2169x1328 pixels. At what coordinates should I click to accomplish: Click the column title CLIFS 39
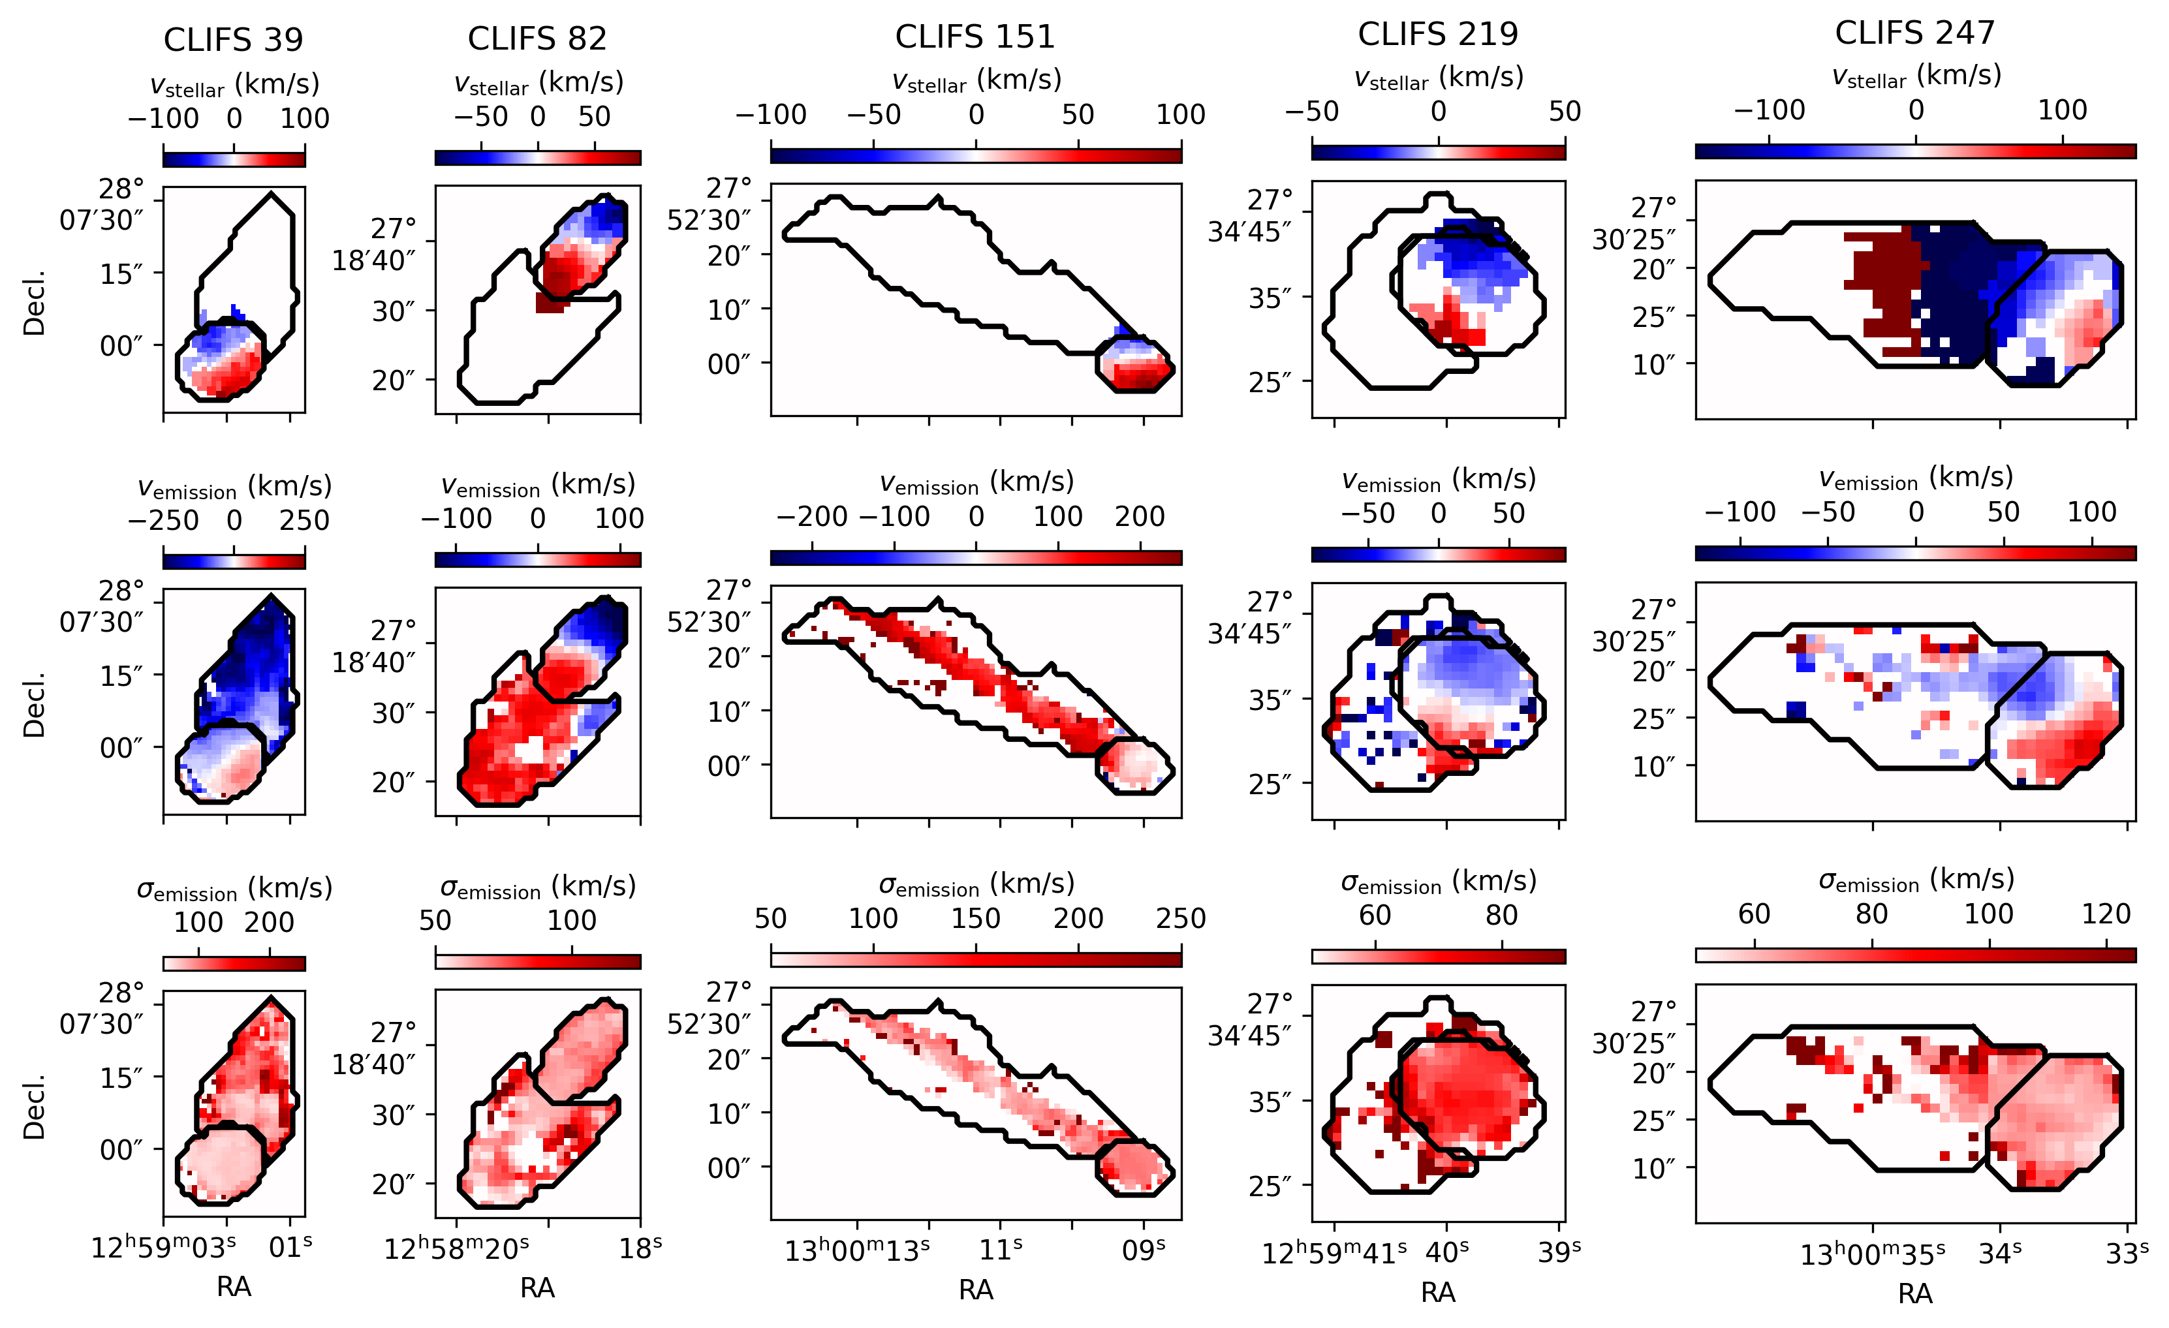click(233, 40)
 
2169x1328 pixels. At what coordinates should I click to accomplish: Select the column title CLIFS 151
click(975, 37)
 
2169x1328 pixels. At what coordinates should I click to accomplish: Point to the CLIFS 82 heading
click(537, 39)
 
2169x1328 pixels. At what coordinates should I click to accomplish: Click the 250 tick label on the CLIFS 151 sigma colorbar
click(1180, 919)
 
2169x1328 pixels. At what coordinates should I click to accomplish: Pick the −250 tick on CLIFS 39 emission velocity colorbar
click(164, 520)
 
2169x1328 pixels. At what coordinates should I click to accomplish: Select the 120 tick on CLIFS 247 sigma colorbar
click(2106, 914)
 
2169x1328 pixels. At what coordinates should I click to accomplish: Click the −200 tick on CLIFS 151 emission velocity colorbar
click(811, 517)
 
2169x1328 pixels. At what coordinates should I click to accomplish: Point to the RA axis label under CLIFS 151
click(975, 1289)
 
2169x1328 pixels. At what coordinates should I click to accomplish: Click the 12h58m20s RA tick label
click(456, 1248)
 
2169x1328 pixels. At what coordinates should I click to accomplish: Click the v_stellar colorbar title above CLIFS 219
click(1439, 78)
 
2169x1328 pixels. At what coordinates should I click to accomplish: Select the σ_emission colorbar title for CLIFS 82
click(537, 887)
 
